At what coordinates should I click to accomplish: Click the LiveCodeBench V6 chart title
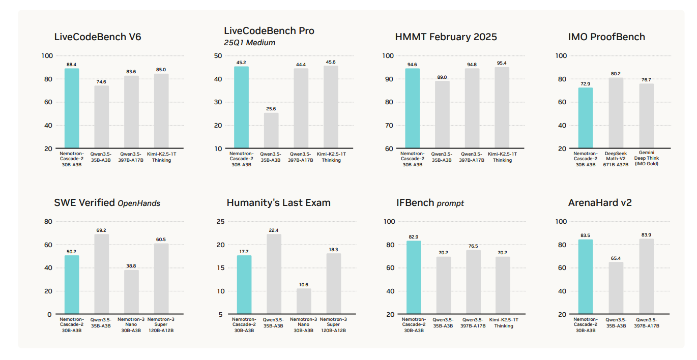click(98, 37)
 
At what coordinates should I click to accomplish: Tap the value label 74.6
click(101, 81)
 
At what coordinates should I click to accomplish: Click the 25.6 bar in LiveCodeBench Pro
click(271, 131)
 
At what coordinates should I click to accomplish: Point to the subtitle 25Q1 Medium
click(250, 43)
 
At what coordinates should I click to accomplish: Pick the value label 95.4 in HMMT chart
click(502, 63)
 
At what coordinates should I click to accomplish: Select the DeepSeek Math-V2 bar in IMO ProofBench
click(616, 113)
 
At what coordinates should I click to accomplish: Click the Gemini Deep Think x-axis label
click(646, 158)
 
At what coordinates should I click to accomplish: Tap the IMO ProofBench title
click(606, 37)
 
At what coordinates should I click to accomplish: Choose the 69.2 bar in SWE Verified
click(101, 274)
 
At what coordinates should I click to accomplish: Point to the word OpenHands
click(139, 203)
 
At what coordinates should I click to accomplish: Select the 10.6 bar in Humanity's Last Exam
click(304, 302)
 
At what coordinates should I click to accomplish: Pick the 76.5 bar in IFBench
click(473, 282)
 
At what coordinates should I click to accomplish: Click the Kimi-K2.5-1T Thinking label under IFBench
click(503, 322)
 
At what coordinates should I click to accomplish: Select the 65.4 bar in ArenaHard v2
click(616, 288)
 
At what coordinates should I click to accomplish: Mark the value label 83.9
click(646, 235)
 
